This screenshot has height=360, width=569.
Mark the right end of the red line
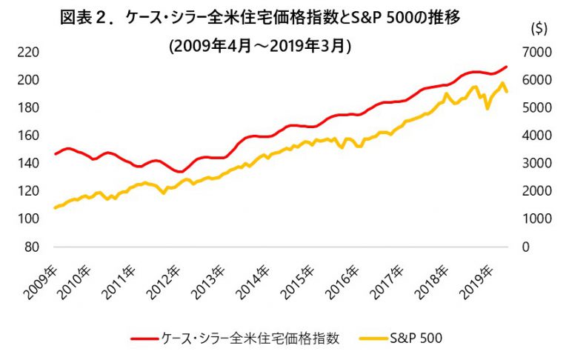click(x=507, y=67)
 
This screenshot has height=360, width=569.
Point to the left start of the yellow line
click(x=55, y=208)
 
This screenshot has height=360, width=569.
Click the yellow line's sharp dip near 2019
click(x=488, y=109)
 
